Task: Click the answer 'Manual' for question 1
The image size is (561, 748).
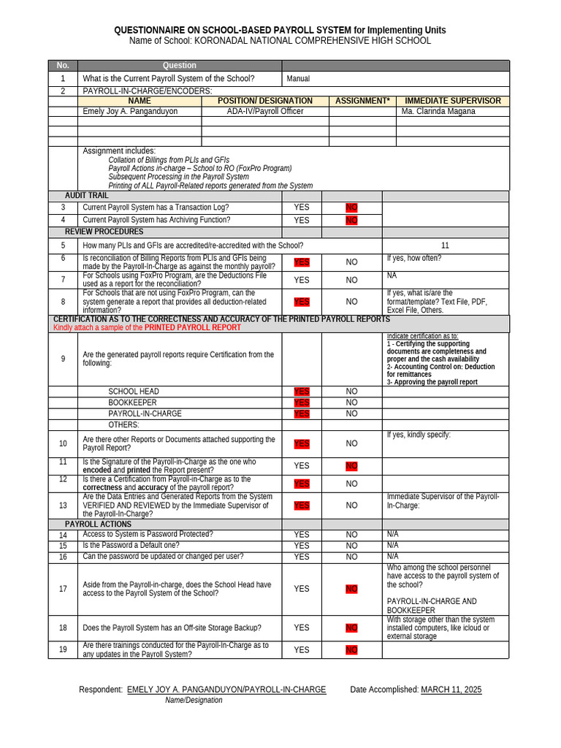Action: pos(298,79)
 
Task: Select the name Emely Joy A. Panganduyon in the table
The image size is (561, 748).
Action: pos(131,112)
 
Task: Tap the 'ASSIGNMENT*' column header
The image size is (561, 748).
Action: pos(362,101)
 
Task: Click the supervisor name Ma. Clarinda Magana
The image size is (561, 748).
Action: pos(438,112)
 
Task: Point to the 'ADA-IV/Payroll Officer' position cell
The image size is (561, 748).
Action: pos(265,112)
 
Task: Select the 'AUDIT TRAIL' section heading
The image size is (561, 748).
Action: pos(86,196)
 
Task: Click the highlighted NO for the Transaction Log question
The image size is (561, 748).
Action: pos(351,208)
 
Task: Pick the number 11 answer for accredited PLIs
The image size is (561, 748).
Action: pos(446,245)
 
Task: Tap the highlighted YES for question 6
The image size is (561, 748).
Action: pos(302,262)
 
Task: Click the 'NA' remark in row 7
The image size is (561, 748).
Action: pos(392,275)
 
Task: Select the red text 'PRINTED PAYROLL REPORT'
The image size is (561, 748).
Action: pos(192,328)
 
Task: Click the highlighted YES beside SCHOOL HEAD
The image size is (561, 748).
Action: pos(302,392)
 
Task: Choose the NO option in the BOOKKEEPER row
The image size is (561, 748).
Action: pos(351,402)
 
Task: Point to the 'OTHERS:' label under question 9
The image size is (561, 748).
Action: pos(123,424)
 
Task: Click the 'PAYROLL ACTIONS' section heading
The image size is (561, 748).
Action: pos(98,524)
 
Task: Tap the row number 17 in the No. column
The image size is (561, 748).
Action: pos(63,589)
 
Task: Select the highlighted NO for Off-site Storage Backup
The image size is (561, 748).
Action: pos(351,627)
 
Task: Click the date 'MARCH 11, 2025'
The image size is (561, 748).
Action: pos(451,690)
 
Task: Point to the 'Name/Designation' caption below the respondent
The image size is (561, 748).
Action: pos(194,700)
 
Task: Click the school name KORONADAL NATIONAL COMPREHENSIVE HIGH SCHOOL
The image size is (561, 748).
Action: pos(313,41)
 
